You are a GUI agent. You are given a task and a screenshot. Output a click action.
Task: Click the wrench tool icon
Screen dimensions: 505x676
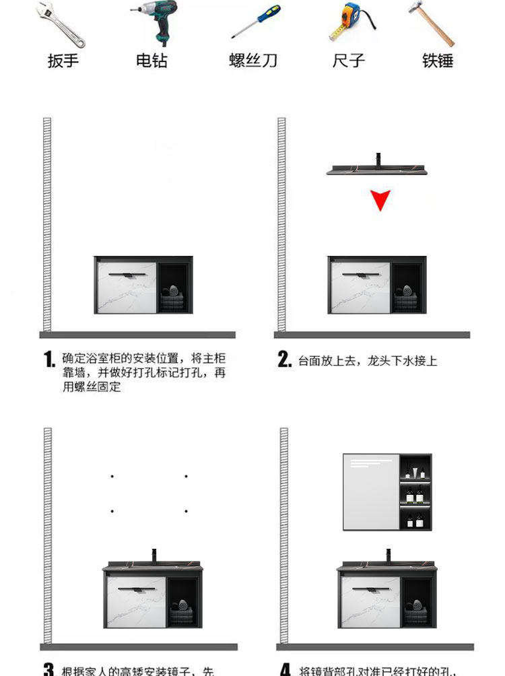click(62, 24)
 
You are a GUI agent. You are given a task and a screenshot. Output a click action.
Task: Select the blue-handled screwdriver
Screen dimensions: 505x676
click(255, 21)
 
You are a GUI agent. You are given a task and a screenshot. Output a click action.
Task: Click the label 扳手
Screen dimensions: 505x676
click(63, 61)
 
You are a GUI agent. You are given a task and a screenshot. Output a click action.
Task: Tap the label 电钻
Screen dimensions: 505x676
click(151, 61)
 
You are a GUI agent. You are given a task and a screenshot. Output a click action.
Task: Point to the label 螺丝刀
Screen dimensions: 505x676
click(253, 61)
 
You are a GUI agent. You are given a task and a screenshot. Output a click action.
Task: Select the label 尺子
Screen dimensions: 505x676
click(349, 61)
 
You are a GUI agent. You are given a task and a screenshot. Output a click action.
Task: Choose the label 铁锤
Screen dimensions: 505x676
click(438, 61)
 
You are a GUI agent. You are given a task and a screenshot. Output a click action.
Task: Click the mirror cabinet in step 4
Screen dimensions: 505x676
click(387, 492)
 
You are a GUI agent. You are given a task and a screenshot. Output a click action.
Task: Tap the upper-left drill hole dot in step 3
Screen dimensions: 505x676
click(112, 477)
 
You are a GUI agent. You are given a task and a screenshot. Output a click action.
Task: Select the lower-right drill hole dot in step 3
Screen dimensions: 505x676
click(187, 511)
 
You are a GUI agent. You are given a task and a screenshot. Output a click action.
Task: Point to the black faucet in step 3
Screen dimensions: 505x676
click(154, 556)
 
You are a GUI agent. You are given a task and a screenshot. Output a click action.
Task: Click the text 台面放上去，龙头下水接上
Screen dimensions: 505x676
click(368, 361)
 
